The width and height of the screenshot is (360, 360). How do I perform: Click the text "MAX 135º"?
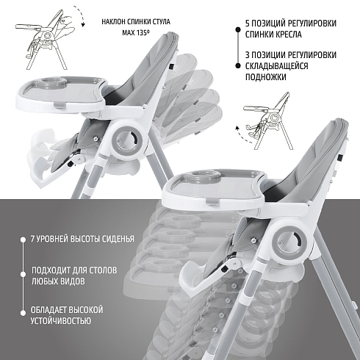click(x=136, y=32)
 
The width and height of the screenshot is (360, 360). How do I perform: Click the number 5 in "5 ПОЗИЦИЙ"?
click(x=248, y=24)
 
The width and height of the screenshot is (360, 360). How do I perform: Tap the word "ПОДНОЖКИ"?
click(x=266, y=77)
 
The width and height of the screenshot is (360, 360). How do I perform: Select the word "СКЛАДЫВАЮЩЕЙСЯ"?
click(x=276, y=66)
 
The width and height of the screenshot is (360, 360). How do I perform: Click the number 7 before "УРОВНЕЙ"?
click(x=32, y=239)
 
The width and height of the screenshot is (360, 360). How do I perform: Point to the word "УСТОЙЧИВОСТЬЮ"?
click(x=61, y=320)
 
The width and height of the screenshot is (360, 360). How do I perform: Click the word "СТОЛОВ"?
click(x=103, y=270)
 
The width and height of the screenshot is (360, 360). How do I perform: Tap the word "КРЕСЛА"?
click(x=288, y=35)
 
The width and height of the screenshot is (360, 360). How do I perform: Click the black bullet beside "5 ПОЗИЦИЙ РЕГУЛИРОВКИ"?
click(x=238, y=29)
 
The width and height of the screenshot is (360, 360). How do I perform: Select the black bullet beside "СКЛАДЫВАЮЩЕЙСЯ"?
click(x=238, y=65)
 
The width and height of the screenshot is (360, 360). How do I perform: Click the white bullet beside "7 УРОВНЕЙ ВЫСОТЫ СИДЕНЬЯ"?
click(x=23, y=240)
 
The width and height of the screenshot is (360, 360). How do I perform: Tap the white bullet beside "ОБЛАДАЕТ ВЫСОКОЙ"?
click(x=23, y=313)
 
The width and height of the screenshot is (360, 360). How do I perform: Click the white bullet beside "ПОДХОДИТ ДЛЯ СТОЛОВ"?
click(x=23, y=274)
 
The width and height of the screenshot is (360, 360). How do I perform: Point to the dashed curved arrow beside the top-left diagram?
click(x=81, y=15)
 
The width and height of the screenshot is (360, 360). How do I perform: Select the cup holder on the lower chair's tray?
click(x=205, y=176)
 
